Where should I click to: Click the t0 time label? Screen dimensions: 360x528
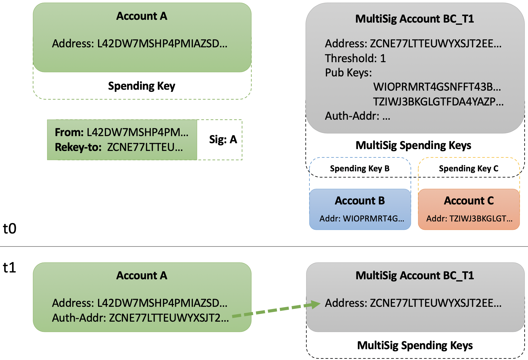(x=10, y=229)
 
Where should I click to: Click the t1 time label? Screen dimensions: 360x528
(x=10, y=268)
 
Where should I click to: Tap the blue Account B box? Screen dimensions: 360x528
(x=360, y=209)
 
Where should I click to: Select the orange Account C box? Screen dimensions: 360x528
(x=469, y=209)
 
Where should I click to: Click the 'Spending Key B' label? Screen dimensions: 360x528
(x=360, y=169)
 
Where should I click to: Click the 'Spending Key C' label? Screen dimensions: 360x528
(x=468, y=169)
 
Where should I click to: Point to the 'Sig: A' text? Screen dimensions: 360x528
(x=223, y=139)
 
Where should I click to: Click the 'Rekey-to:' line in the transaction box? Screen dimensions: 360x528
(x=119, y=147)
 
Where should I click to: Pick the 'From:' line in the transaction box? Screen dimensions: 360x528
(x=121, y=132)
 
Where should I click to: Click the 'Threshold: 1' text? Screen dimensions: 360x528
(x=355, y=58)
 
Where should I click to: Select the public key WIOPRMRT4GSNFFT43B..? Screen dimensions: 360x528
(x=437, y=87)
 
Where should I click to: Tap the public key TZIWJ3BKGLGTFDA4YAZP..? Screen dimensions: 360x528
(x=438, y=101)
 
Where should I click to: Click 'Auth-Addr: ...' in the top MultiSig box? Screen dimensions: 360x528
(x=357, y=116)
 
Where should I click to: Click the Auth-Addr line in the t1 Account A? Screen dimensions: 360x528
(x=140, y=318)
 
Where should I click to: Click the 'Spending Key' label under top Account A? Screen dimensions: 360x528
(x=142, y=86)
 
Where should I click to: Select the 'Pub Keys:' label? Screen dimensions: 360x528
(x=348, y=73)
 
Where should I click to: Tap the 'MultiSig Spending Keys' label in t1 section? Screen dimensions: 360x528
(x=415, y=345)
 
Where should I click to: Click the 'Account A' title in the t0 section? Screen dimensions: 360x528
(x=142, y=16)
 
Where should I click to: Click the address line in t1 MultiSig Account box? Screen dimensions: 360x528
(x=413, y=303)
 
